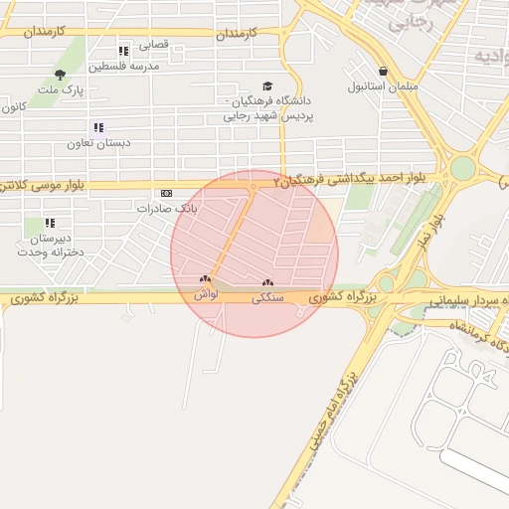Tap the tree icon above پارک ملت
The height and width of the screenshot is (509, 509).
pos(61,75)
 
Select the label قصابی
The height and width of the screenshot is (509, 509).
pos(153,45)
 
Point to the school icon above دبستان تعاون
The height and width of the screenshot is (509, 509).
pos(97,127)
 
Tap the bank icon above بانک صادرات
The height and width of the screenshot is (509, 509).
pos(166,194)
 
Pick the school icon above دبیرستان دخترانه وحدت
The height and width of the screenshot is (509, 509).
pos(50,223)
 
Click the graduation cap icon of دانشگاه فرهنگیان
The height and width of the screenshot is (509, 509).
pos(265,86)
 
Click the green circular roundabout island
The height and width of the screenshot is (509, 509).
pos(462,169)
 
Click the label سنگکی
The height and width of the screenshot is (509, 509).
pos(267,296)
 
